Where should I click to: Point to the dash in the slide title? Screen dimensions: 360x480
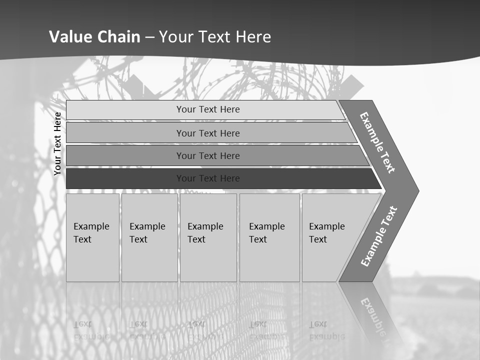point(149,37)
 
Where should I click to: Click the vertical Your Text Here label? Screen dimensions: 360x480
point(57,143)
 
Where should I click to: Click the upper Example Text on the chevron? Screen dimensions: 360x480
point(377,142)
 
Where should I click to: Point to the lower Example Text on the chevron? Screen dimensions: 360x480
point(379,236)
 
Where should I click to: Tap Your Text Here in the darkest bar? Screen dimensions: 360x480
point(208,178)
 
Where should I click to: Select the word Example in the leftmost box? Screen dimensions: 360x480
point(91,226)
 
